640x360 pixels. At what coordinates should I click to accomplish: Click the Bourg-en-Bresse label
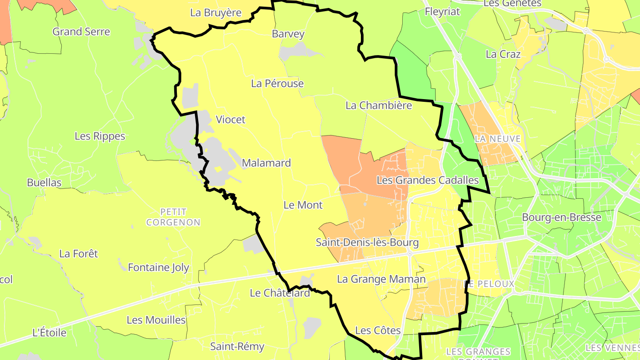point(561,217)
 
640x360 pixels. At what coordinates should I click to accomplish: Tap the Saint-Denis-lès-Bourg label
point(367,243)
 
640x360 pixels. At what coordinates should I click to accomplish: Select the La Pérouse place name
point(277,83)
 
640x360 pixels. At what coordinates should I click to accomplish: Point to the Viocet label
point(230,120)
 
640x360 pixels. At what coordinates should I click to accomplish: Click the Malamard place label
point(266,163)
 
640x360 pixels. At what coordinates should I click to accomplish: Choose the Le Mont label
point(303,205)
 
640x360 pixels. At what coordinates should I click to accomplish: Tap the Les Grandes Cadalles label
point(428,180)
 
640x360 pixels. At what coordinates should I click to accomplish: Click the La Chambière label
point(379,105)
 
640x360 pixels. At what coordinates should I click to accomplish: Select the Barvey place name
point(288,34)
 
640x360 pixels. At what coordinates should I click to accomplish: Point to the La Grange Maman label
point(381,279)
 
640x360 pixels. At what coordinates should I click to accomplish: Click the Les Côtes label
point(378,330)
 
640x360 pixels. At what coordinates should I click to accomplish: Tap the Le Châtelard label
point(280,293)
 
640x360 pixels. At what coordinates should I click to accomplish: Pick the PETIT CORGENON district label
point(173,217)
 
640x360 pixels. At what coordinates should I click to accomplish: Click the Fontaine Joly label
point(159,268)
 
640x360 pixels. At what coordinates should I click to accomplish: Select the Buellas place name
point(44,182)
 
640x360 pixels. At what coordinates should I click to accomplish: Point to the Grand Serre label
point(81,32)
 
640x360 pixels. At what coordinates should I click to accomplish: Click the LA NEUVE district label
point(497,139)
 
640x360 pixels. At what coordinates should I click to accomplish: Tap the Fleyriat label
point(442,12)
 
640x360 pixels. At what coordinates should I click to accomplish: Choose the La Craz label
point(503,54)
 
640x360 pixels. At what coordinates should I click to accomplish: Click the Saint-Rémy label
point(237,346)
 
